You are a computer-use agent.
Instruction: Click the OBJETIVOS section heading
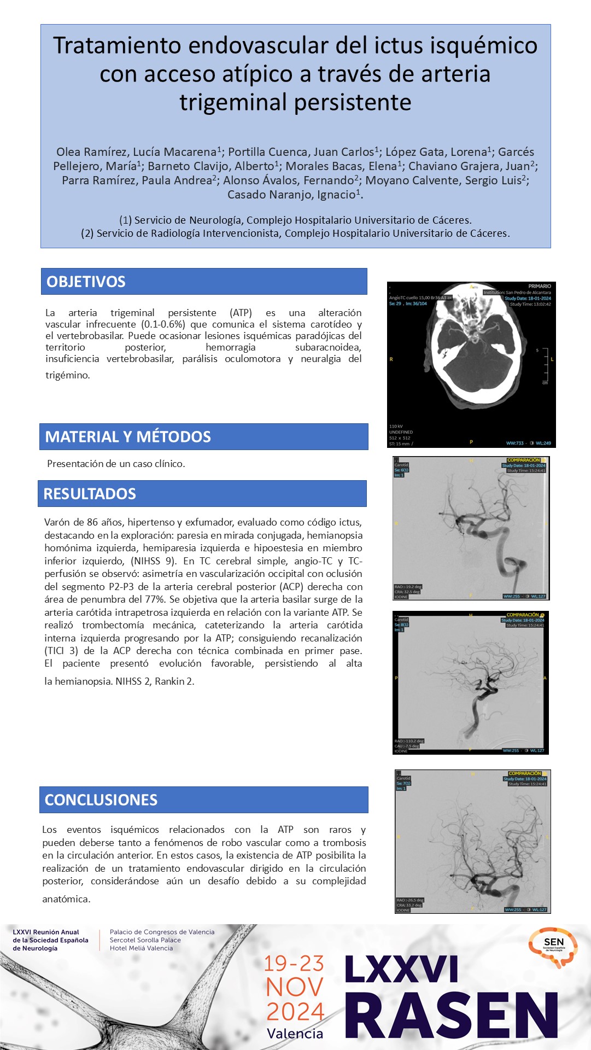[86, 282]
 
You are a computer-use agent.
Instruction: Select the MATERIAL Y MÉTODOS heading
[128, 436]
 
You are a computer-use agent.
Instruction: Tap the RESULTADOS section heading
[90, 494]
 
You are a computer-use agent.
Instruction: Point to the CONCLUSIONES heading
[101, 800]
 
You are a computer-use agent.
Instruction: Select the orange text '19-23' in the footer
[294, 964]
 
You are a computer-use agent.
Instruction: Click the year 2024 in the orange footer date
[295, 1011]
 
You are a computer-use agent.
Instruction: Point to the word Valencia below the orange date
[295, 1034]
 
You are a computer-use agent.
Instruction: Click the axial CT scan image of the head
[471, 365]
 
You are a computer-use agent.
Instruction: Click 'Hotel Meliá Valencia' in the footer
[141, 948]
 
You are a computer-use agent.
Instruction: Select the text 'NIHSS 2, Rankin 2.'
[155, 681]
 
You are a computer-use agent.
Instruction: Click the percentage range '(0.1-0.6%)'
[162, 324]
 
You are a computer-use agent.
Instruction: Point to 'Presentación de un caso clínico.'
[116, 464]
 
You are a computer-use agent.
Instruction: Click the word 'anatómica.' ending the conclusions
[66, 899]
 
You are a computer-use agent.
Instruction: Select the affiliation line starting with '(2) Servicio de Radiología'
[295, 234]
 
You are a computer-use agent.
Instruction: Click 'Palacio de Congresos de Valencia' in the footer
[162, 932]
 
